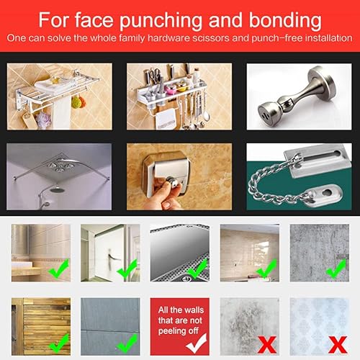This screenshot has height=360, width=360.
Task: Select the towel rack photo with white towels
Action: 60,96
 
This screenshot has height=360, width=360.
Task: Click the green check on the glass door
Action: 128,269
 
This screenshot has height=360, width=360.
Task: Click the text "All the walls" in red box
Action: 179,307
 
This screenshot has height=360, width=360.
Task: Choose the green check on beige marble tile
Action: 266,269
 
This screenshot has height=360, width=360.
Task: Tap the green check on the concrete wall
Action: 335,269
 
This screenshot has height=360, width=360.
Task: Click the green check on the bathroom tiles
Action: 59,269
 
